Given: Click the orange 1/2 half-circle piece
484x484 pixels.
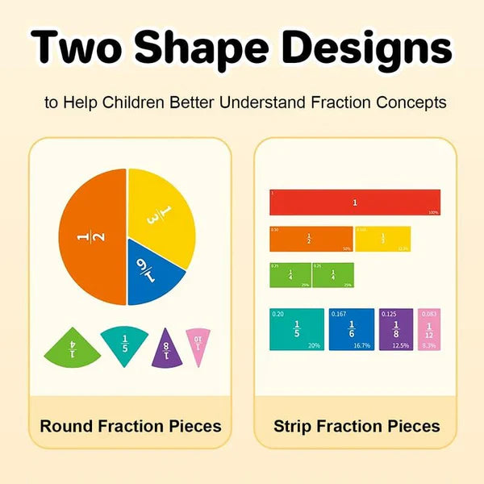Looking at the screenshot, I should (x=90, y=238).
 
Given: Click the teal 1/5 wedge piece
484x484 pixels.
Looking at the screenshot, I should (x=123, y=344).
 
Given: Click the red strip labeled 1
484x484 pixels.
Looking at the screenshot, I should (x=354, y=202).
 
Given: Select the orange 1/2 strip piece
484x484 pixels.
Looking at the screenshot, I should (x=311, y=239).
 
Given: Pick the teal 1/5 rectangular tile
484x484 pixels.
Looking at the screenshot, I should (x=297, y=329).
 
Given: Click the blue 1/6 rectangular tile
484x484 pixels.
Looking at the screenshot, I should (x=351, y=329).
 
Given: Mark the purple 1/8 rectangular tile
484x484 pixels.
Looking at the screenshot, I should (x=396, y=329).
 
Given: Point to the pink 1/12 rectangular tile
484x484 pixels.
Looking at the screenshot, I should (x=429, y=329).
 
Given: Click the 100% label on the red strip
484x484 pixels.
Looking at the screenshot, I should (x=432, y=212).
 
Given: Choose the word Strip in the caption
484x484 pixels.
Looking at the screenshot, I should (x=293, y=425).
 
